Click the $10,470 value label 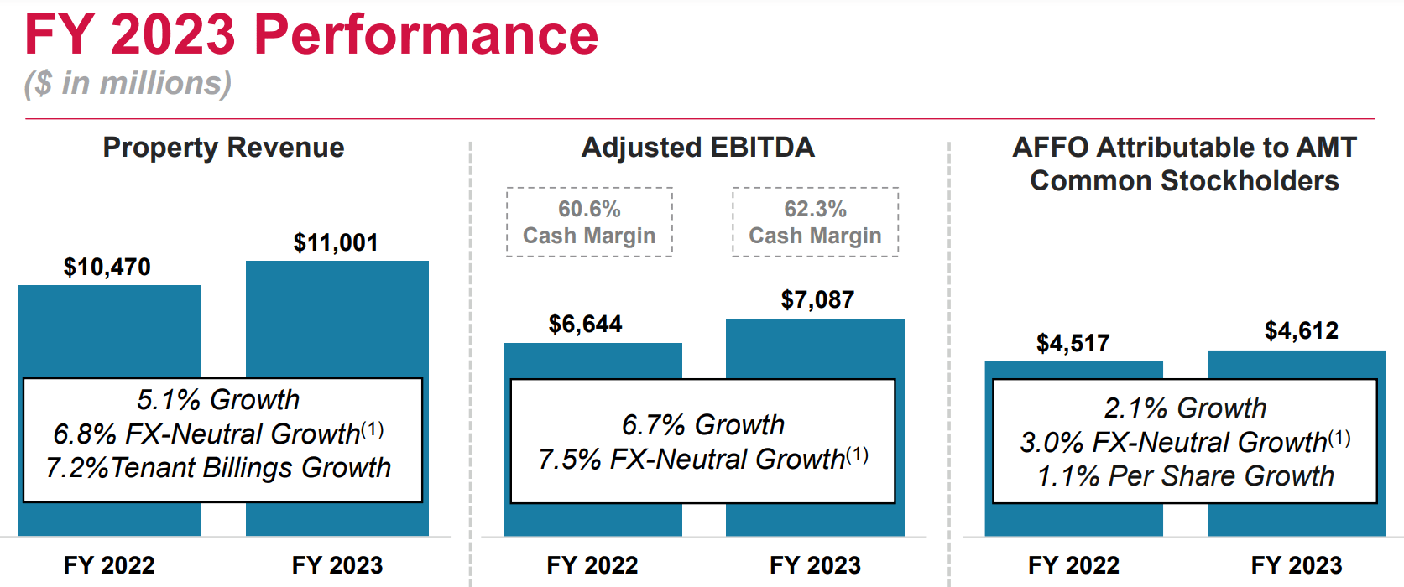click(107, 268)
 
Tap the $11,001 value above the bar click(336, 243)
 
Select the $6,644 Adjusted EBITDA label click(585, 325)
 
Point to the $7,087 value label click(817, 300)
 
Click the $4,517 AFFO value click(1073, 343)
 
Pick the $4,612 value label click(1302, 331)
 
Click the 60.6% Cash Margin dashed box click(589, 222)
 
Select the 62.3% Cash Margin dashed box click(815, 222)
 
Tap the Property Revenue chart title click(223, 148)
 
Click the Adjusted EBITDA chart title click(698, 148)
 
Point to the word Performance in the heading click(425, 35)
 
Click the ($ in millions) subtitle click(128, 83)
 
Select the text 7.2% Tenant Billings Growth click(219, 468)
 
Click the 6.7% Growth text click(703, 425)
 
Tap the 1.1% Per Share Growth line click(1185, 476)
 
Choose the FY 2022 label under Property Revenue click(109, 565)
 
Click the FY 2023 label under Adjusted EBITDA click(815, 565)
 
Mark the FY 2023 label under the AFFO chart click(1297, 565)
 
